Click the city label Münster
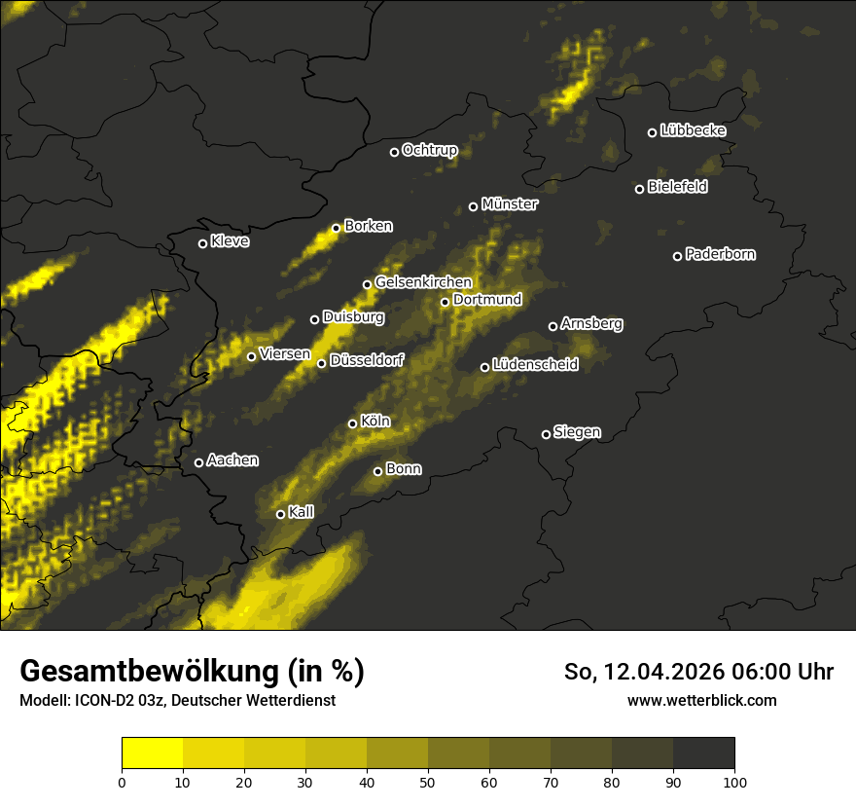(510, 204)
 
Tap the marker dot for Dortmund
(445, 302)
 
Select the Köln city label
(375, 422)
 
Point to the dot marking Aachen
(198, 462)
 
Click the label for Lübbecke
(693, 130)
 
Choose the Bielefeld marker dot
(639, 189)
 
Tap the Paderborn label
(721, 254)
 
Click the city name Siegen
(577, 432)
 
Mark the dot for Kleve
(202, 243)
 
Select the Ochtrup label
(429, 150)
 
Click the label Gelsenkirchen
(423, 282)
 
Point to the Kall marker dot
(280, 514)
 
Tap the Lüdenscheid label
(535, 365)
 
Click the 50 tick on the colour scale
(428, 781)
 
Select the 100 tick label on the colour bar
(734, 781)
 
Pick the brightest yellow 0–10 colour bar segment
(152, 753)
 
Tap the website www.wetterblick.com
(701, 700)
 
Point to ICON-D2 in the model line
(105, 701)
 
